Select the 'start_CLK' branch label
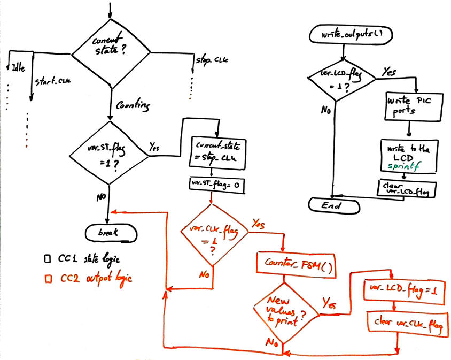[x=53, y=81]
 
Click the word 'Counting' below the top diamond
[x=133, y=107]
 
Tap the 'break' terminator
[x=110, y=232]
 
